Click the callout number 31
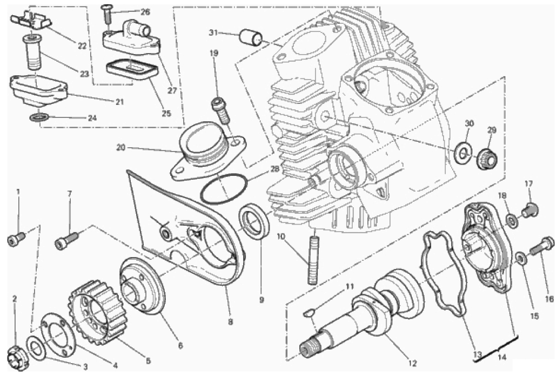[x=214, y=33]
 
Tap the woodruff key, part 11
[x=309, y=312]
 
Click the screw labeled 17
[x=531, y=207]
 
